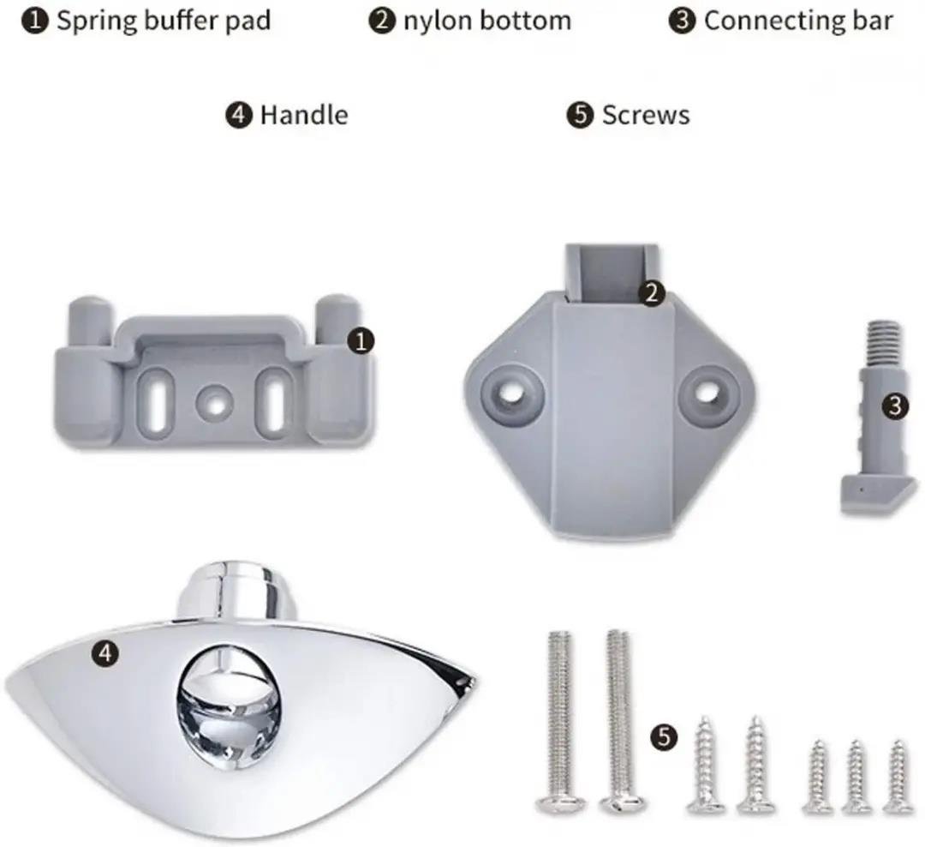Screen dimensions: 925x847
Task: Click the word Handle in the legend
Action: pos(304,115)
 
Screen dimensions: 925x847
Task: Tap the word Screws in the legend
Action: pos(646,115)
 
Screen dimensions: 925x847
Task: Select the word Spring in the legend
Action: pos(96,21)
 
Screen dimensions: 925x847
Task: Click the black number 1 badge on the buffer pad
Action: pos(361,341)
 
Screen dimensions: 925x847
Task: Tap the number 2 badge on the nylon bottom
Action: pos(652,293)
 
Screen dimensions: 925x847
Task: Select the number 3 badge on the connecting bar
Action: pos(896,406)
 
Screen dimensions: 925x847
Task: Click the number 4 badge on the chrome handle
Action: pos(105,653)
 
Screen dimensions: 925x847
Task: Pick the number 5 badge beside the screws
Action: pos(665,737)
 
